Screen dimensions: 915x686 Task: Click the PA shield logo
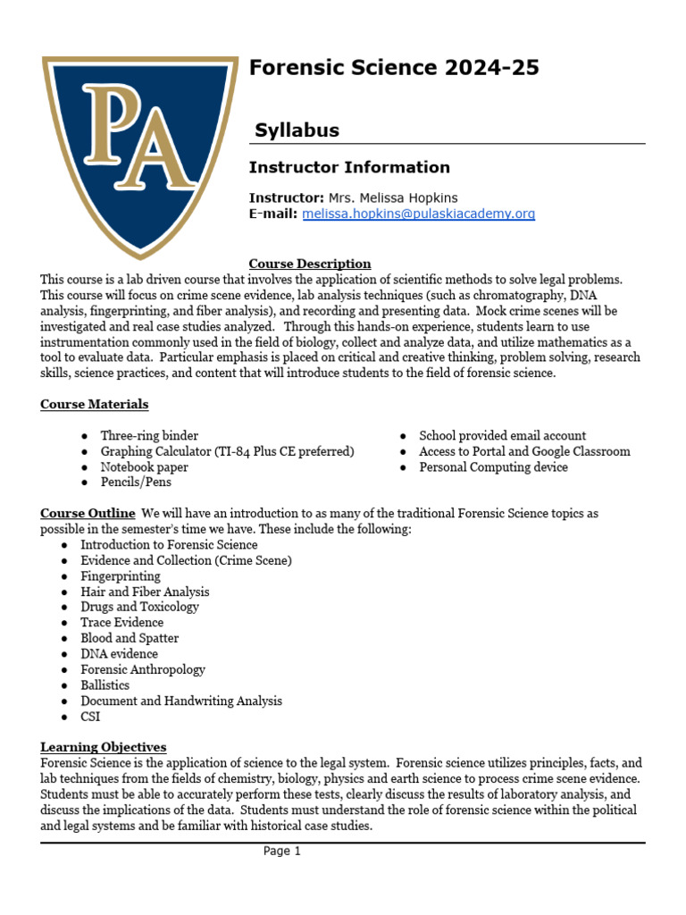pos(140,152)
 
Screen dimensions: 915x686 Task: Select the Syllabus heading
pos(297,130)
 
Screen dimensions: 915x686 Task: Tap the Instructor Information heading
pos(349,167)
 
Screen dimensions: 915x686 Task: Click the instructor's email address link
pos(419,214)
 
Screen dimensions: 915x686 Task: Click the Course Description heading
pos(310,264)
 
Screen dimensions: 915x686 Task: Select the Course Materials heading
pos(95,404)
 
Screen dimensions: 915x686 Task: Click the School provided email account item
pos(502,436)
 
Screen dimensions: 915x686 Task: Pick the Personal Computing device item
pos(493,467)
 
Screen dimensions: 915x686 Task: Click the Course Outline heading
pos(88,513)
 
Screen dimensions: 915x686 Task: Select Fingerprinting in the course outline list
pos(121,576)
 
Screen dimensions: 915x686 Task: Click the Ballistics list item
pos(105,685)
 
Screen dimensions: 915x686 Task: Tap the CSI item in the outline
pos(90,717)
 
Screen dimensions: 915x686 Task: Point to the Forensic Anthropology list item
pos(143,669)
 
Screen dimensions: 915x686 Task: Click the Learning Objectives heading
pos(104,747)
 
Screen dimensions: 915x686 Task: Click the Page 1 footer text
pos(282,852)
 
